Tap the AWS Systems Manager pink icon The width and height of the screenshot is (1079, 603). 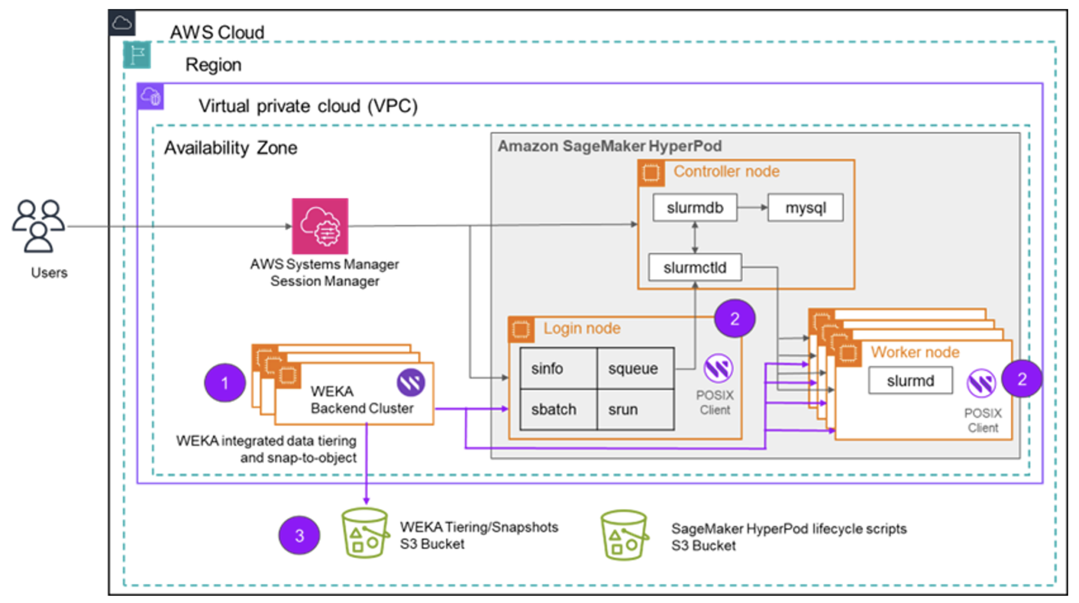[x=320, y=226]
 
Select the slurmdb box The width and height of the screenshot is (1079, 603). [x=694, y=208]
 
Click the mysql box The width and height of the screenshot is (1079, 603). [x=805, y=208]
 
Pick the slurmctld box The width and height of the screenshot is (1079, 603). [x=694, y=268]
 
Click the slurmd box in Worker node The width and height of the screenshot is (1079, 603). [x=910, y=381]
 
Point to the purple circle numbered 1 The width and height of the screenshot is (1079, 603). [x=225, y=383]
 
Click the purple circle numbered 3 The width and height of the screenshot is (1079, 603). [x=299, y=536]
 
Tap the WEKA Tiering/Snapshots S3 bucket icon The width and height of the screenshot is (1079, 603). [x=365, y=533]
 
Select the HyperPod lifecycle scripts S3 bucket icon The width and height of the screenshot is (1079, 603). [x=624, y=534]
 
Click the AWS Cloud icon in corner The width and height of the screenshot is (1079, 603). [x=122, y=23]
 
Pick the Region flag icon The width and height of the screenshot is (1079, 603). [x=137, y=55]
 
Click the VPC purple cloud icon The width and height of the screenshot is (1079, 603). [x=151, y=96]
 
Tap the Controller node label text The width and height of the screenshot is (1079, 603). [x=726, y=171]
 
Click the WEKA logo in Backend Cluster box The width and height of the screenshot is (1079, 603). [x=410, y=382]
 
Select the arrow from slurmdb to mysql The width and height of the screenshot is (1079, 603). [x=752, y=208]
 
